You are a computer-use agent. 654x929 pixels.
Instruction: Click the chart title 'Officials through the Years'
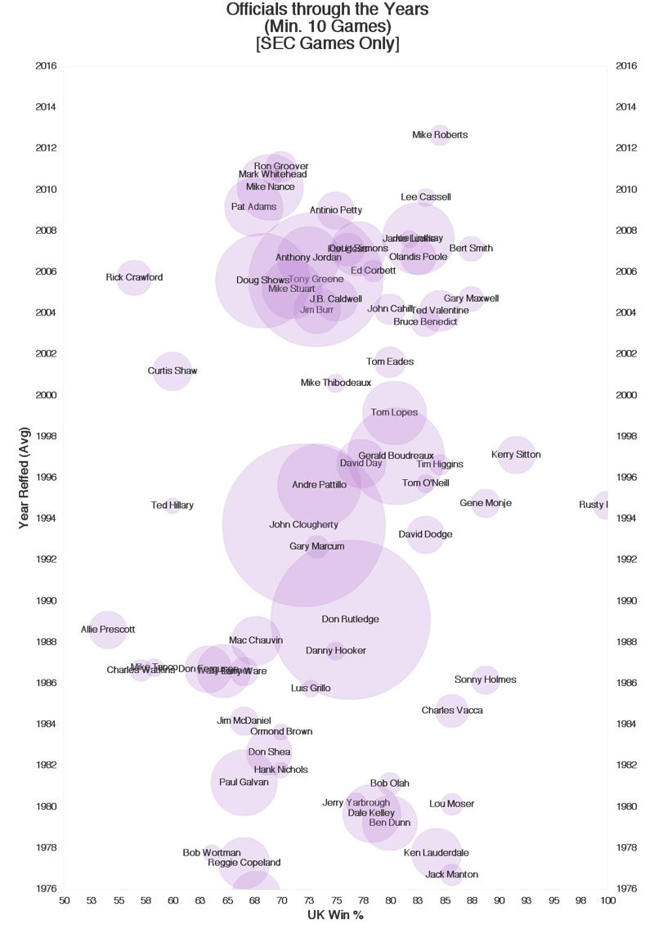point(327,10)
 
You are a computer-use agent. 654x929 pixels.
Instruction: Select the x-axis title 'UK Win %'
point(335,915)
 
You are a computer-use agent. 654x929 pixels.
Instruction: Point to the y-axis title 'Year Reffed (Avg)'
point(25,477)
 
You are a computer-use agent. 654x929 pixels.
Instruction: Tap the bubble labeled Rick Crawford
point(134,277)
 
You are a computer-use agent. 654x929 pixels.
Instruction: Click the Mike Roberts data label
point(440,135)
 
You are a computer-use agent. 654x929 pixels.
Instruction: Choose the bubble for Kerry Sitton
point(516,455)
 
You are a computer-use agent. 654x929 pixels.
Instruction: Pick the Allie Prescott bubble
point(108,630)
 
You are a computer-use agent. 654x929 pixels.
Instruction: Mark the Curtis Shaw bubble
point(172,371)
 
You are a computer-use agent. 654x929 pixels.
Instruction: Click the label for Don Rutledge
point(350,619)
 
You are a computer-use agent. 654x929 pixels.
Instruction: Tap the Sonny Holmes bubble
point(486,680)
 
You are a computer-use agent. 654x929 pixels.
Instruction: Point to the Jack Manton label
point(451,875)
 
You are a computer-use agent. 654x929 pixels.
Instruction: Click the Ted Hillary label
point(172,505)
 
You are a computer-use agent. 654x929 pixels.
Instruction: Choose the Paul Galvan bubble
point(244,783)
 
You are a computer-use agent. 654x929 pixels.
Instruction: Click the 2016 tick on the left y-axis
point(46,65)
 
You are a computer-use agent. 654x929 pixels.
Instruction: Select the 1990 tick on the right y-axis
point(626,601)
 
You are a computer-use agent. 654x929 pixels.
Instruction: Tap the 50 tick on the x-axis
point(65,900)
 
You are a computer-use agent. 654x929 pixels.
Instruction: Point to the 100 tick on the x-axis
point(607,900)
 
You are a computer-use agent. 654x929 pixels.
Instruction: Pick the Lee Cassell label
point(426,197)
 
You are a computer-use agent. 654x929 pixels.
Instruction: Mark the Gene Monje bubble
point(486,503)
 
